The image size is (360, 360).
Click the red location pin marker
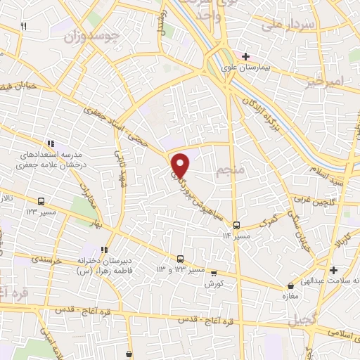coord(181,165)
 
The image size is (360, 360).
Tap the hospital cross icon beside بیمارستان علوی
coord(245,56)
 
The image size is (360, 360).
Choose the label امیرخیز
coord(326,84)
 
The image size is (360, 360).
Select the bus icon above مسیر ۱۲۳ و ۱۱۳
coord(181,258)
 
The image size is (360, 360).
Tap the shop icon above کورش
coord(213,273)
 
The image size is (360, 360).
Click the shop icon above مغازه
coord(290,286)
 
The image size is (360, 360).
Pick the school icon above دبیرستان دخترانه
coord(105,249)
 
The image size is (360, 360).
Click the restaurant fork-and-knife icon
coord(23,26)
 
